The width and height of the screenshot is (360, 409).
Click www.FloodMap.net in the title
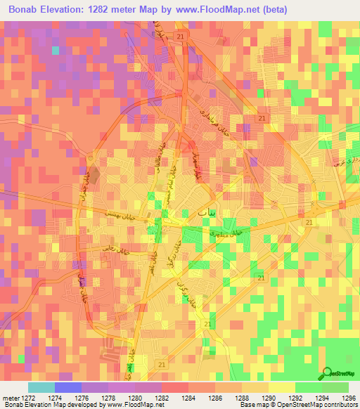(212, 8)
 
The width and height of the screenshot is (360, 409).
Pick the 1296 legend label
(349, 397)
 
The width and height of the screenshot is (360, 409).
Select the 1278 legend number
(121, 397)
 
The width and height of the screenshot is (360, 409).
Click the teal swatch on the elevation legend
(41, 387)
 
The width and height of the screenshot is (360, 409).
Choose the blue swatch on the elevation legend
(68, 387)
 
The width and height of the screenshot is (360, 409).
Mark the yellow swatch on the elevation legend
(281, 387)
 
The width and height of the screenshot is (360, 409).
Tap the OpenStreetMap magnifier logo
(325, 374)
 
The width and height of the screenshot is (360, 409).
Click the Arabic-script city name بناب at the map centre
(189, 212)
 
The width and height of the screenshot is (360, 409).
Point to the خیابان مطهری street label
(226, 230)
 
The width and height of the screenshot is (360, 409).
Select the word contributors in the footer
(341, 405)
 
